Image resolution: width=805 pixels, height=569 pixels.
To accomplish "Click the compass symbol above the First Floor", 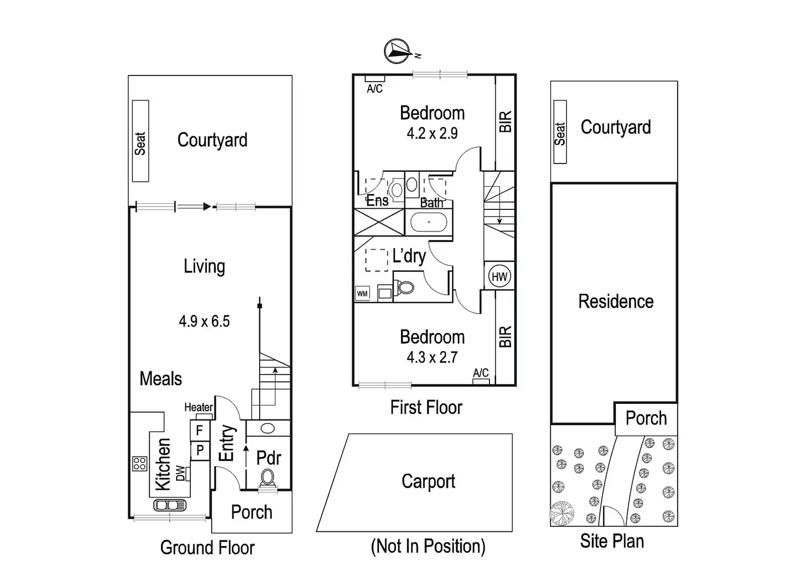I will point(398,51).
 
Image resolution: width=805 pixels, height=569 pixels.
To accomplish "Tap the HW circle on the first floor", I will point(499,277).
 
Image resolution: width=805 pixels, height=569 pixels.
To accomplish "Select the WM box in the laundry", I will point(362,294).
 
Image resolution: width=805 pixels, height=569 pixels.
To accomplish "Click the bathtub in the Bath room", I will point(429,222).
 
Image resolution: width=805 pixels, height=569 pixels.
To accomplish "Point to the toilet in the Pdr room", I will point(267,478).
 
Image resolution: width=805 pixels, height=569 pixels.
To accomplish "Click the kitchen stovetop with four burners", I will point(139,464).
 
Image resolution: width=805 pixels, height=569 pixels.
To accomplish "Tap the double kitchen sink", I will point(170,505).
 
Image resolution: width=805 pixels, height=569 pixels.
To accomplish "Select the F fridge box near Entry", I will point(200,431).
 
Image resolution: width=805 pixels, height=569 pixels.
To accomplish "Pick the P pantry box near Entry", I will point(200,450).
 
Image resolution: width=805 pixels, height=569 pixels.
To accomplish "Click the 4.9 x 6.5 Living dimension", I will point(204,321).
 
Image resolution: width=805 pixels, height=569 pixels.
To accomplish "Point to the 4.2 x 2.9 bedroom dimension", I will point(432,133).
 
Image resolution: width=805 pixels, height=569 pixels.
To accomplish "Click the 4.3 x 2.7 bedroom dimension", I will point(432,357).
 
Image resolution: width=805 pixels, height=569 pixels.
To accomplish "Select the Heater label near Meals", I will point(198,407).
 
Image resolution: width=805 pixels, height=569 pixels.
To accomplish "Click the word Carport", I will point(428,482).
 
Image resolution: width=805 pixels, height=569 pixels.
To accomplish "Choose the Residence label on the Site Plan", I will point(616,302).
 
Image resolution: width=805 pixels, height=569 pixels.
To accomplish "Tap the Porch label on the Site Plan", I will point(646,419).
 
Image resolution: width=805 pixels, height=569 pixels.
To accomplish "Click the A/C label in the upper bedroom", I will point(375,89).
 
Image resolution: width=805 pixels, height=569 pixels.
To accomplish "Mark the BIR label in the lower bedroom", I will point(505,337).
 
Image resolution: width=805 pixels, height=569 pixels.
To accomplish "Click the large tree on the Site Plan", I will point(562,513).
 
